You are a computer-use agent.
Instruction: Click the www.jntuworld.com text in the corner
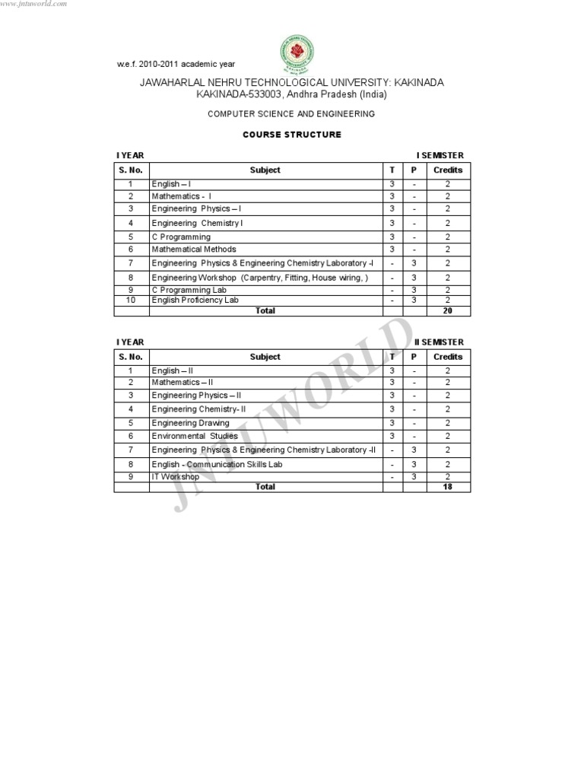tap(34, 4)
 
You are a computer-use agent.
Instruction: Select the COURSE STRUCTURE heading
tap(292, 135)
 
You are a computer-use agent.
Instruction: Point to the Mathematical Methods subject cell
tap(194, 250)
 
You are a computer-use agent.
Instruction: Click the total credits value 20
tap(448, 310)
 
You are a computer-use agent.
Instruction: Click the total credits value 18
tap(448, 487)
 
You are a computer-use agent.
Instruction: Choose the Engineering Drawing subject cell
tap(190, 423)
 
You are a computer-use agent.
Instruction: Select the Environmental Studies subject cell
tap(195, 436)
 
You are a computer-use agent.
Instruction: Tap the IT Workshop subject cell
tap(176, 477)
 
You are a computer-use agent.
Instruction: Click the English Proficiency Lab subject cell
tap(195, 300)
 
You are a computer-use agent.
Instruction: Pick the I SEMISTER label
tap(440, 155)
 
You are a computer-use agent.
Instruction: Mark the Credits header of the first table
tap(448, 170)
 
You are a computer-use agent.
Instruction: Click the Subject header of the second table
tap(265, 357)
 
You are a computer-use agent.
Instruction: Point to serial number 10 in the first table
tap(131, 300)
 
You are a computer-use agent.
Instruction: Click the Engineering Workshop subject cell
tap(259, 278)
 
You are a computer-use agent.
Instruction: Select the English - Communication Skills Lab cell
tap(217, 464)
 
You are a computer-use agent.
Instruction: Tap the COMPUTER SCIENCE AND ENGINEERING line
tap(292, 113)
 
